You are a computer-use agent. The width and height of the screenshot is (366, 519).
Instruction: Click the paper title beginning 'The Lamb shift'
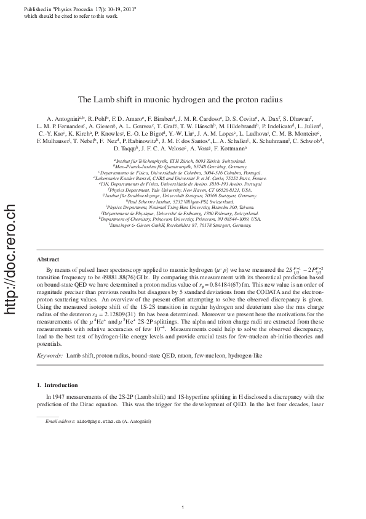tap(182, 99)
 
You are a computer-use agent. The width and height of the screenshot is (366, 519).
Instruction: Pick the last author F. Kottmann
tap(229, 149)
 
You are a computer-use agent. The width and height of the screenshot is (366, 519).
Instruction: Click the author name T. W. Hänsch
tap(187, 125)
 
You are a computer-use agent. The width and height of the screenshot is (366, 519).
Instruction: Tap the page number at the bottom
tap(183, 507)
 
